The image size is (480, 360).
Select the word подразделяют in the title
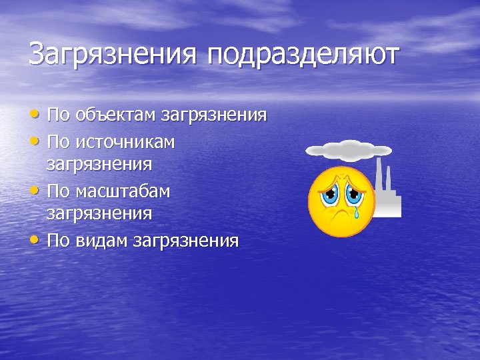tap(303, 55)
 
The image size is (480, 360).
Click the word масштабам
tap(123, 191)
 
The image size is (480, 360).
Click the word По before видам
tap(58, 240)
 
